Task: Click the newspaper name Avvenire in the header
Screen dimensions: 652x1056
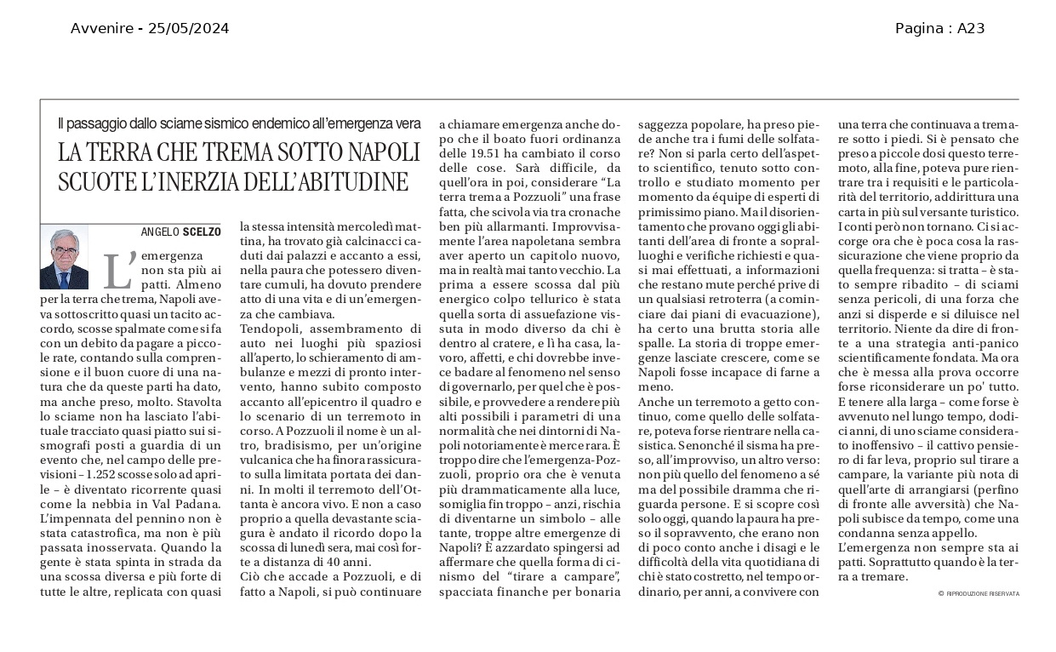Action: click(101, 29)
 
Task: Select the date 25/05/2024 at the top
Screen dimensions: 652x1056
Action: click(188, 29)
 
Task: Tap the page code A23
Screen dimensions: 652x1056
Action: click(971, 29)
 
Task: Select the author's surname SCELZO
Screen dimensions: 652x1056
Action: click(202, 232)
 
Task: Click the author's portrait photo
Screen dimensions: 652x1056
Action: click(64, 257)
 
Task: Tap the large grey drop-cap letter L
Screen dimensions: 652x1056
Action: click(117, 270)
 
